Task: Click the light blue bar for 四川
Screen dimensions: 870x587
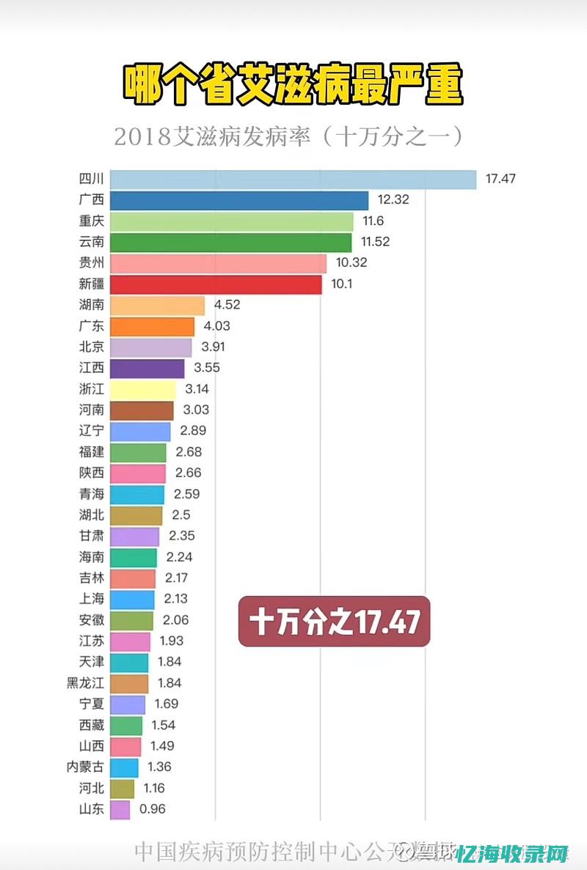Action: pos(293,180)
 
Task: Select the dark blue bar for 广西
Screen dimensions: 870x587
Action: pos(239,201)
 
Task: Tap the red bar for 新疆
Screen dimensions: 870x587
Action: pos(216,285)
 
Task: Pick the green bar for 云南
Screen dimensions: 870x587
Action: pos(231,243)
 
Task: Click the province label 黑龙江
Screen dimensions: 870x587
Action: pos(86,683)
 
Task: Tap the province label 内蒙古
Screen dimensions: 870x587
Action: pos(86,767)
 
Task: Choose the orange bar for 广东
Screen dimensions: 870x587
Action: pos(152,327)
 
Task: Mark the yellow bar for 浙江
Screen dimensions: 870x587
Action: pos(143,390)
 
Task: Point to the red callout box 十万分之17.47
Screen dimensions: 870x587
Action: pos(334,622)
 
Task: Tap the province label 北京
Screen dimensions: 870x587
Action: pos(92,347)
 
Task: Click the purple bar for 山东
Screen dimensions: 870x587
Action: pos(120,810)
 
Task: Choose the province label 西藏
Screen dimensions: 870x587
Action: pos(92,726)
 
